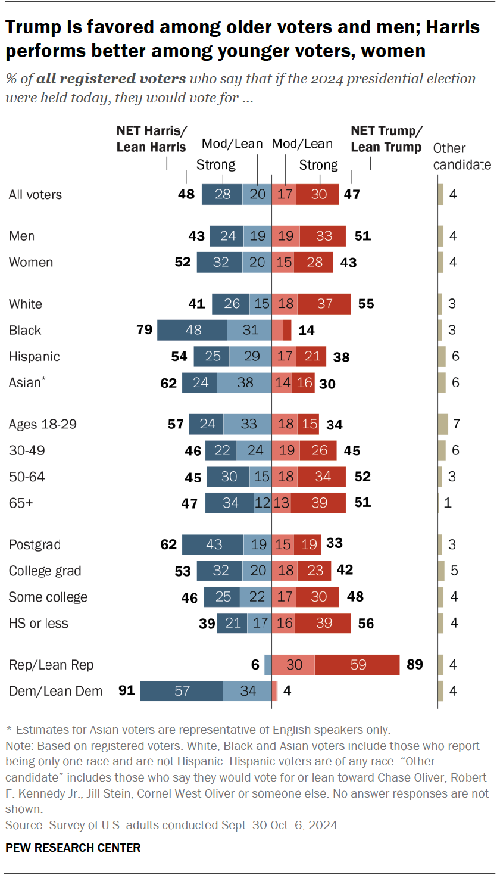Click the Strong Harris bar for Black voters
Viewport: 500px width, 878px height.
192,330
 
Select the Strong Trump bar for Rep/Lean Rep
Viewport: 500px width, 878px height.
357,665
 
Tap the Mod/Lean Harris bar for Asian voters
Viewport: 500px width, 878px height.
244,382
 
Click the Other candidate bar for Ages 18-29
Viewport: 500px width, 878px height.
442,424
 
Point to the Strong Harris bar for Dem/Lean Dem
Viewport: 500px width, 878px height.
182,691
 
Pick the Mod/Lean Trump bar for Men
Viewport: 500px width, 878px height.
286,236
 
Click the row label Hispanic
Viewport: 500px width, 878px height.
35,356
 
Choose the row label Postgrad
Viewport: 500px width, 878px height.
35,544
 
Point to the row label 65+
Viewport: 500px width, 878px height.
21,503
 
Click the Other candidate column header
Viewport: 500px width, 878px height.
462,157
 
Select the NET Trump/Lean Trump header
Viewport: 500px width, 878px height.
386,139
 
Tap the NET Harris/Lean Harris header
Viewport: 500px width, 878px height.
151,139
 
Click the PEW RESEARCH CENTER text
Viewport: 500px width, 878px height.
73,848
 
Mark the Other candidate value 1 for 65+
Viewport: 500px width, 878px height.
448,503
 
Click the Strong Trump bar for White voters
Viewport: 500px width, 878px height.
324,304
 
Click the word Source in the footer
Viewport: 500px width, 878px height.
19,826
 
